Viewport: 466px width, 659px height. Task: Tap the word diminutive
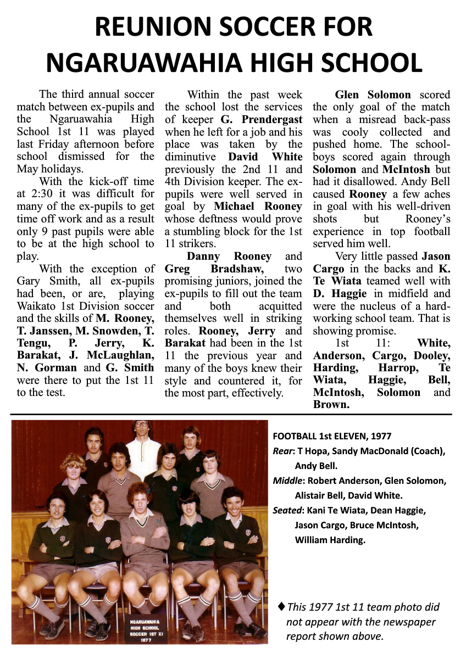193,157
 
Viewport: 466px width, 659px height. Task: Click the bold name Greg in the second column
177,269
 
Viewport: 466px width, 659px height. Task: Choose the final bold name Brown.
331,405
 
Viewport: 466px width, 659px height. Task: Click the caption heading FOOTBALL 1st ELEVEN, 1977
332,437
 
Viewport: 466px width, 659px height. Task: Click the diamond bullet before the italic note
281,606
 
